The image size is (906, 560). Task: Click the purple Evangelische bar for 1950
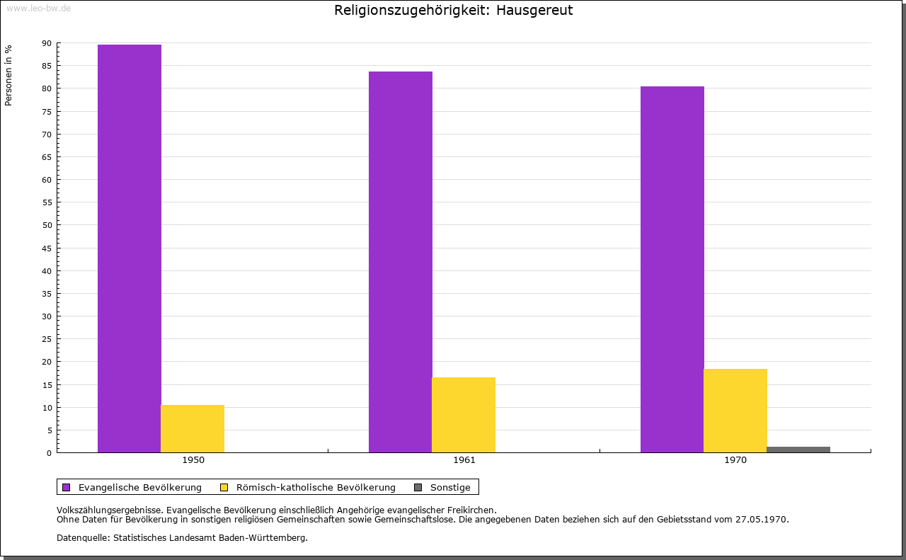pos(130,248)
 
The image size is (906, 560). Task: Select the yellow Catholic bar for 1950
pos(193,428)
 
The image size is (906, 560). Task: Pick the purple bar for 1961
pos(401,262)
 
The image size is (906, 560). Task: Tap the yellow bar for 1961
pos(464,415)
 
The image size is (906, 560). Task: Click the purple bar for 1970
pos(672,270)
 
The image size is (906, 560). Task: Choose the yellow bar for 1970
pos(735,411)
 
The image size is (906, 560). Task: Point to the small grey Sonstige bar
pos(798,450)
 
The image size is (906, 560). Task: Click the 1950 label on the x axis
pos(193,460)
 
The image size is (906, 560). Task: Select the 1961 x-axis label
pos(464,460)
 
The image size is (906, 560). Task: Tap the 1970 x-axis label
pos(735,460)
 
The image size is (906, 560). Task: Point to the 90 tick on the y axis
pos(47,43)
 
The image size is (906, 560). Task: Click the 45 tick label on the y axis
pos(47,248)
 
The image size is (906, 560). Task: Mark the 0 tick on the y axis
pos(50,453)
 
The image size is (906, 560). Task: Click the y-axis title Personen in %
pos(8,75)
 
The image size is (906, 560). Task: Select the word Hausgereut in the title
pos(534,11)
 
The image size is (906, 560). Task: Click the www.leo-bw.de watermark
pos(39,8)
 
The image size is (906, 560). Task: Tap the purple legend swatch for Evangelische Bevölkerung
pos(66,488)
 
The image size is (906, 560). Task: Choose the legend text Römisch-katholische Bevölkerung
pos(316,488)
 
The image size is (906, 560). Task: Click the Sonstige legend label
pos(450,488)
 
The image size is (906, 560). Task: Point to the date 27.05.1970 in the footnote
pos(762,520)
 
